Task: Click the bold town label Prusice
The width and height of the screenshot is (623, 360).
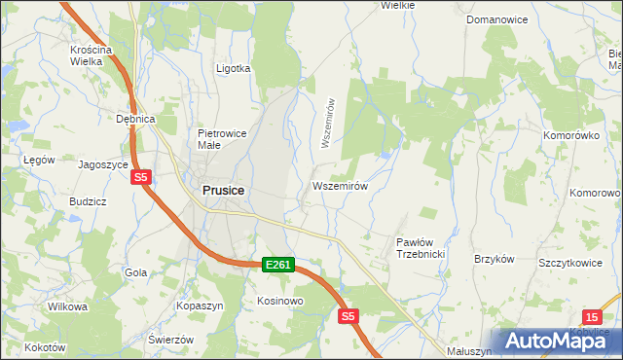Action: (x=223, y=192)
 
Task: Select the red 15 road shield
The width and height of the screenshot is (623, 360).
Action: (x=593, y=317)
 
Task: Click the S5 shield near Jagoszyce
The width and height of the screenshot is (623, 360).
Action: (x=142, y=177)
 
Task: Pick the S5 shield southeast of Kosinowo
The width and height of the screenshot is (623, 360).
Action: (x=349, y=316)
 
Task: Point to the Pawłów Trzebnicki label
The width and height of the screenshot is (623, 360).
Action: (x=421, y=247)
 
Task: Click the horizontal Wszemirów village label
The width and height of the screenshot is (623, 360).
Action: (x=339, y=185)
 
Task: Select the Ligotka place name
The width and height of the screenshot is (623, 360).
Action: (x=233, y=69)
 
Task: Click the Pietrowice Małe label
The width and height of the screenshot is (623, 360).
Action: (x=223, y=139)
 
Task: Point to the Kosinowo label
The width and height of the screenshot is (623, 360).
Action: (x=280, y=301)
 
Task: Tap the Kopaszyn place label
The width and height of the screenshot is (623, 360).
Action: (x=200, y=306)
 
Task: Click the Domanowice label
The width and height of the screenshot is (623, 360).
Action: (x=496, y=19)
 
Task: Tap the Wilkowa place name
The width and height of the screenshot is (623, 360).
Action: (x=67, y=306)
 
